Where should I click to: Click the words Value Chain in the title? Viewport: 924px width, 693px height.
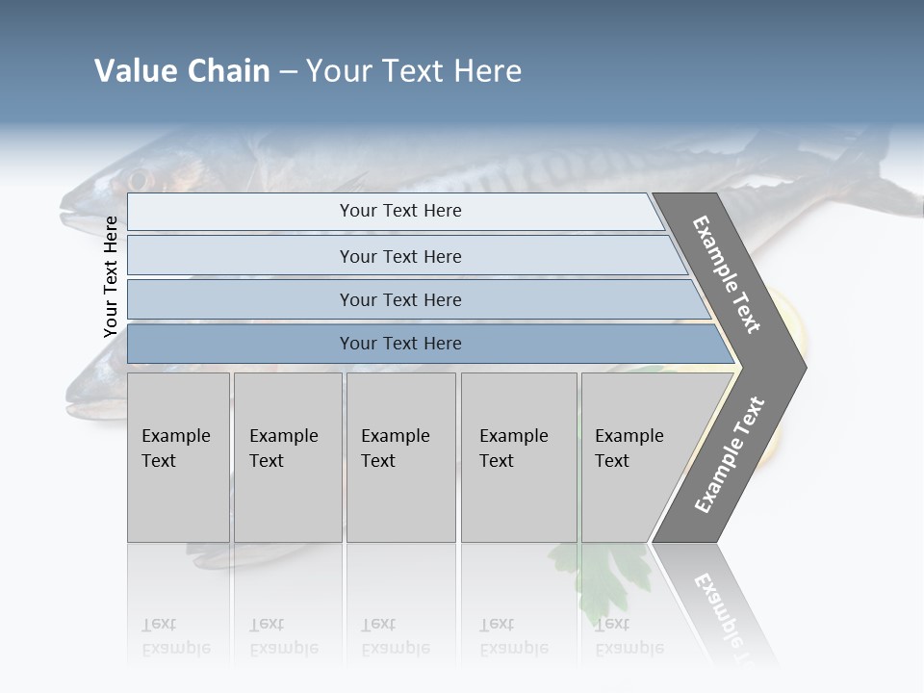tap(182, 71)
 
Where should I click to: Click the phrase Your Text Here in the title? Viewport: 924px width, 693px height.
tap(414, 71)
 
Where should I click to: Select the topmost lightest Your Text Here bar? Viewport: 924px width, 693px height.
tap(400, 211)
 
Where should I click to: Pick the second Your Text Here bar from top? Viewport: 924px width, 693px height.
tap(400, 256)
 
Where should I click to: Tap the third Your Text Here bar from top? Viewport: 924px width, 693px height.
tap(400, 299)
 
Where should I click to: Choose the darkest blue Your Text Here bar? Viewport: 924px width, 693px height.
tap(400, 344)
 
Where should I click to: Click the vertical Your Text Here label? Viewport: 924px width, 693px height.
tap(111, 276)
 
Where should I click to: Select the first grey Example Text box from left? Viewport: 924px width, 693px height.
tap(178, 457)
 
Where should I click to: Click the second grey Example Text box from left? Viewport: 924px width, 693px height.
tap(287, 457)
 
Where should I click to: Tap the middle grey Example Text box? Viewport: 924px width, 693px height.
tap(400, 457)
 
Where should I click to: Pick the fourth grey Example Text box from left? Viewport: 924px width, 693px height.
tap(519, 457)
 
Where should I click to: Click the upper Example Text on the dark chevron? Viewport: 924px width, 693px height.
tap(727, 274)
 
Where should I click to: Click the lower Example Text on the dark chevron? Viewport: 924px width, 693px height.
tap(730, 455)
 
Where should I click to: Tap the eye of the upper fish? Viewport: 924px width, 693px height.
tap(138, 180)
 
